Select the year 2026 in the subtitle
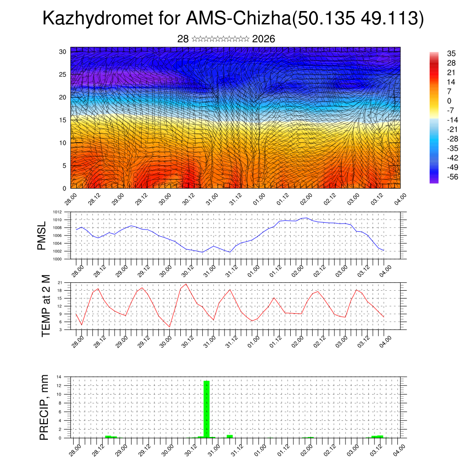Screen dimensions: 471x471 (x=264, y=39)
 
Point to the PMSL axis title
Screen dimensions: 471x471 (x=41, y=236)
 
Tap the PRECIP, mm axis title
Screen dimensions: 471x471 (x=44, y=407)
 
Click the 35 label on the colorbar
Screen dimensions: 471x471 (x=451, y=53)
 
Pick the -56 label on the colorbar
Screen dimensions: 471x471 (x=451, y=178)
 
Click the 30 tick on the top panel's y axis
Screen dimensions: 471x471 (x=63, y=52)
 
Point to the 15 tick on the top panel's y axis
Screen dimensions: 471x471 (x=63, y=120)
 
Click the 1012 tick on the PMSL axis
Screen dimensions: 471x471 (x=57, y=212)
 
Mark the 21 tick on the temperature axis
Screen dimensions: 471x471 (x=60, y=282)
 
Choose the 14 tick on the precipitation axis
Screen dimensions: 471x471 (x=59, y=377)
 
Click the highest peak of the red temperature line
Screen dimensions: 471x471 (x=186, y=284)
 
